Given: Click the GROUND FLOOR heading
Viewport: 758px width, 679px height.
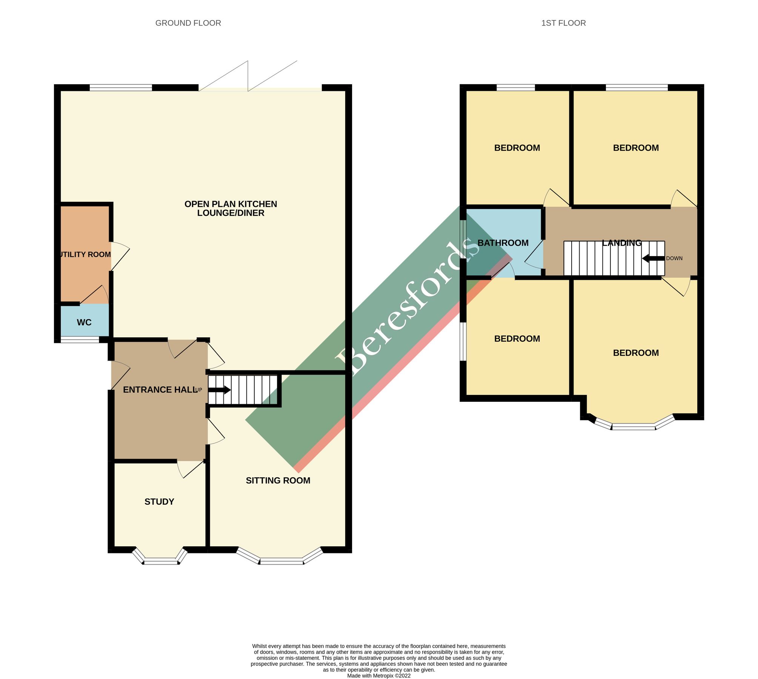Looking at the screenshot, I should pos(188,23).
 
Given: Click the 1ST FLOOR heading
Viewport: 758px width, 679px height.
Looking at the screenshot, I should pos(563,23).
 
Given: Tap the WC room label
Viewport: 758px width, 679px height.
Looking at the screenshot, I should pos(84,323).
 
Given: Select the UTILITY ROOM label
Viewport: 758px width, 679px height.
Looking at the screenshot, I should pos(85,255).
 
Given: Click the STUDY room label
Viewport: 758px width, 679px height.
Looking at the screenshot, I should pos(159,502).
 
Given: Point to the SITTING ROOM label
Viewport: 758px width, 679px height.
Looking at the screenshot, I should pos(278,481).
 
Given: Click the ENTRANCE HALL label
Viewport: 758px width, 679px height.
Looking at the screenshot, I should pos(160,390).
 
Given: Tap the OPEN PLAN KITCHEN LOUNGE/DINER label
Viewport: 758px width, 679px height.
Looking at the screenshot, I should pos(231,209).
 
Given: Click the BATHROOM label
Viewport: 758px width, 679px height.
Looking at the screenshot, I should pos(503,243).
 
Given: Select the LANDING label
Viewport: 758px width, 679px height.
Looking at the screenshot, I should pos(621,243).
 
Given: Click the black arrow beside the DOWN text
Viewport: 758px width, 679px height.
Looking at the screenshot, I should pos(653,258).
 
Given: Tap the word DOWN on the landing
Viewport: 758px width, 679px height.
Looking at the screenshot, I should pos(674,258).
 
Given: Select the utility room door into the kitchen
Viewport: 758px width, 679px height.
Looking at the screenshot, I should pos(119,257).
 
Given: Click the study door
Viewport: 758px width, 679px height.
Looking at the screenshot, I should pos(191,469).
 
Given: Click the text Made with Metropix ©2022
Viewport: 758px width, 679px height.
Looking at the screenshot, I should pos(378,676).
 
